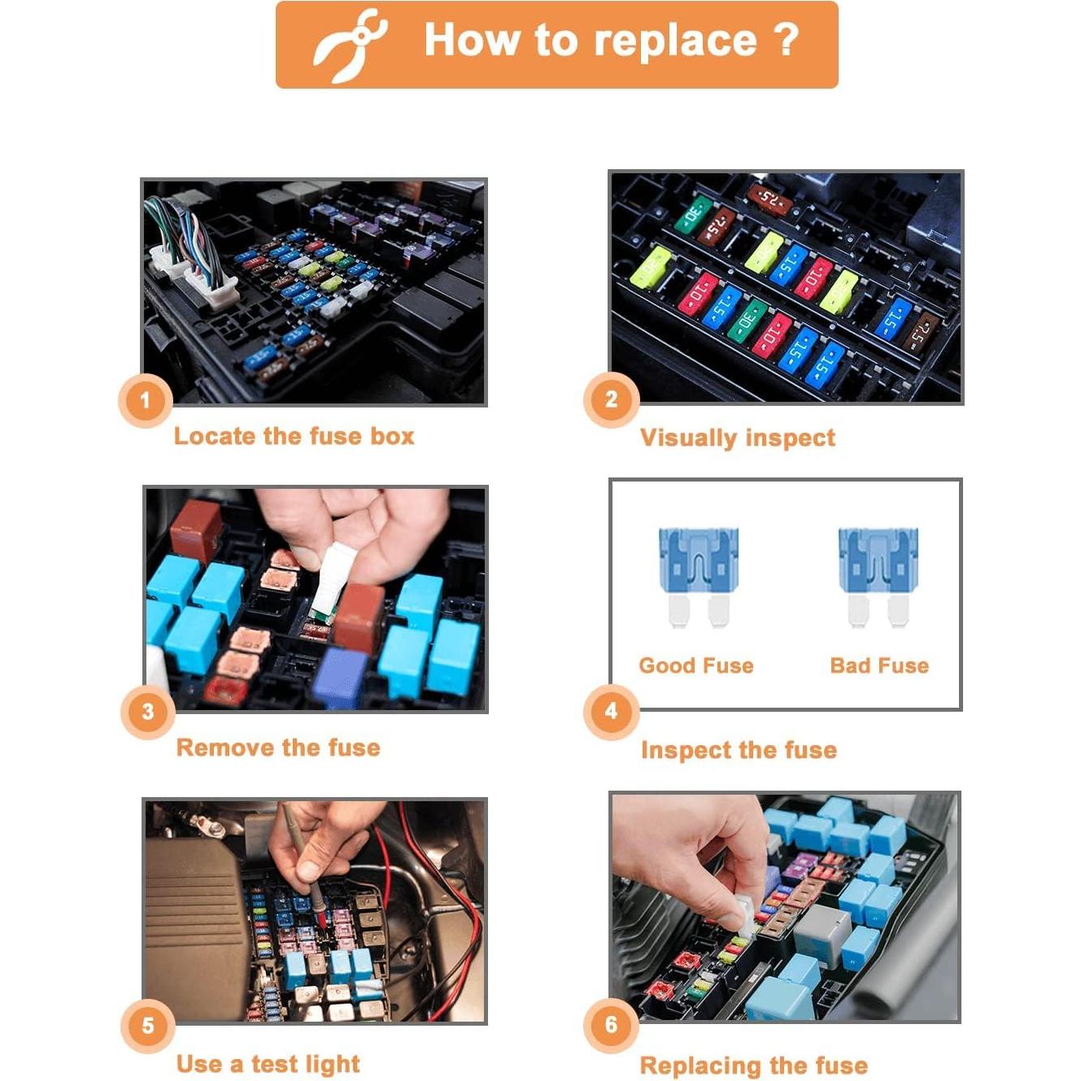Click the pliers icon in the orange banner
click(350, 45)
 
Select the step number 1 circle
click(146, 400)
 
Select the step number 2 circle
click(612, 399)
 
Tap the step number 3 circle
click(148, 712)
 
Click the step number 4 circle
click(612, 711)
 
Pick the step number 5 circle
click(148, 1025)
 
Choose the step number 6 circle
click(612, 1025)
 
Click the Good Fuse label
click(696, 665)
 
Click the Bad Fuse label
click(879, 665)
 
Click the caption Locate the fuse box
click(294, 436)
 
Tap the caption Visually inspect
click(737, 438)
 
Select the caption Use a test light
click(268, 1064)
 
